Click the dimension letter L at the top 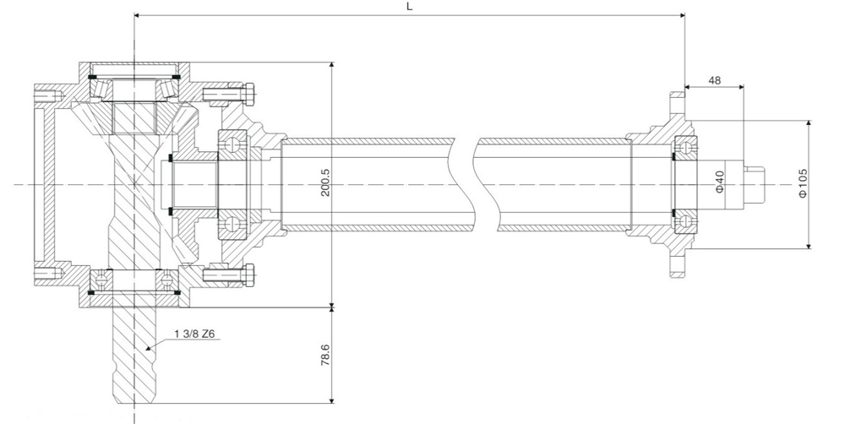pyautogui.click(x=409, y=6)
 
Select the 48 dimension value pyautogui.click(x=714, y=80)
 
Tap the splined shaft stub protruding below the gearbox pyautogui.click(x=134, y=355)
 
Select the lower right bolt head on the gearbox pyautogui.click(x=251, y=274)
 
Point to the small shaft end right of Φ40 pyautogui.click(x=754, y=184)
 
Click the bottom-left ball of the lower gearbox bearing pyautogui.click(x=101, y=278)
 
